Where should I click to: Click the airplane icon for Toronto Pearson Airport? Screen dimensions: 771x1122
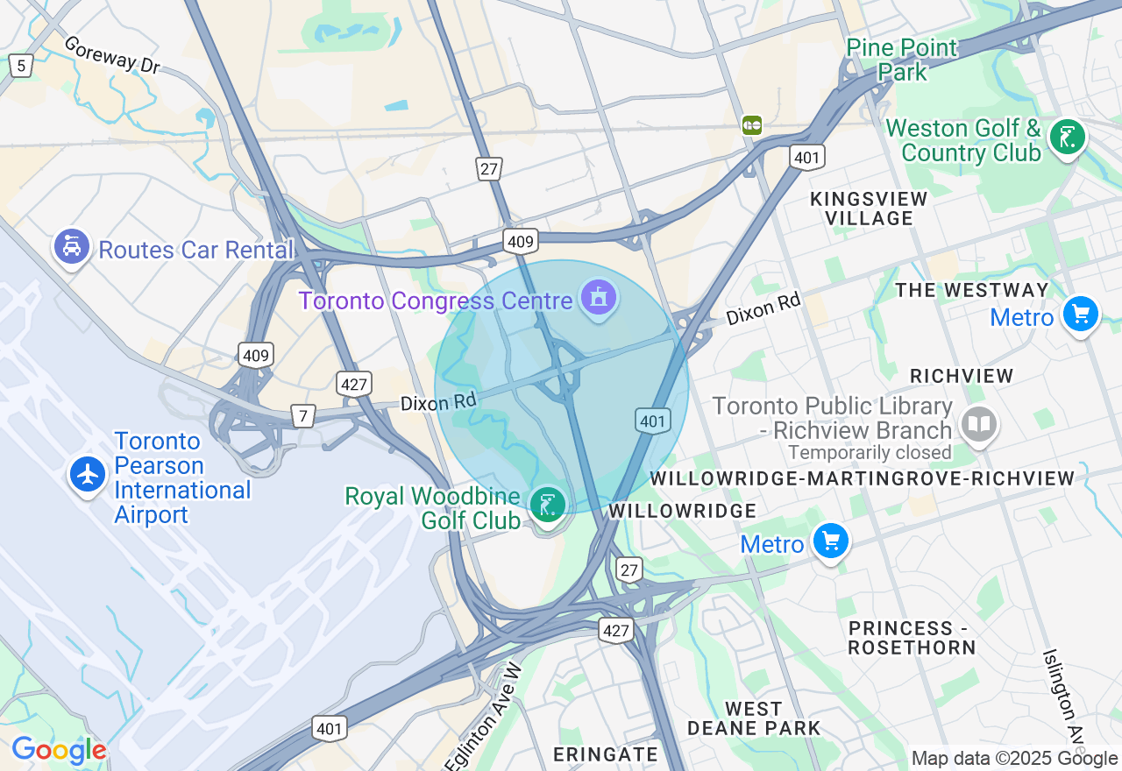coord(88,475)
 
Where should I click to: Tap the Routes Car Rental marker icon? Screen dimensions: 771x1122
coord(72,246)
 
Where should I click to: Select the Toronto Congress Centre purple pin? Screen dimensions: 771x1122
coord(599,298)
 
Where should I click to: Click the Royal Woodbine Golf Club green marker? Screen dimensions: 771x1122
coord(548,505)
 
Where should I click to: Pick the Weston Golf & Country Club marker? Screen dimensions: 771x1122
coord(1067,138)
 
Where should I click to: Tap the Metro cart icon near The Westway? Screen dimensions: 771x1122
coord(1080,314)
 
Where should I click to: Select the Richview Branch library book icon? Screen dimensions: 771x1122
coord(978,425)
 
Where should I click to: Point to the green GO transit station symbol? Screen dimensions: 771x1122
coord(751,124)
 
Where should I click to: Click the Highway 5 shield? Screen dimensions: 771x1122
coord(20,65)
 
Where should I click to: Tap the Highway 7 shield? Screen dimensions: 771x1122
coord(302,415)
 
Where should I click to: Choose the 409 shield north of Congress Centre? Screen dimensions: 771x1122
coord(520,241)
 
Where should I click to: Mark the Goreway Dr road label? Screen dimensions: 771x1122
coord(111,54)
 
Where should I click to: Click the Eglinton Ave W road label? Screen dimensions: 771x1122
coord(484,718)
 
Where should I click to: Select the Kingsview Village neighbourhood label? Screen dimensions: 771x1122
coord(869,209)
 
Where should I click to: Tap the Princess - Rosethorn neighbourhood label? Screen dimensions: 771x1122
coord(912,638)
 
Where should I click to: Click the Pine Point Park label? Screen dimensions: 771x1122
coord(902,60)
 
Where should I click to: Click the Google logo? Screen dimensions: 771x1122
coord(59,750)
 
